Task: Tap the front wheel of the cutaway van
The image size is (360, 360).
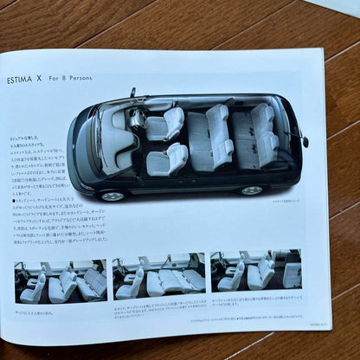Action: [112, 196]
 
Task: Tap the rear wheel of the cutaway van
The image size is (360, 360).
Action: [252, 190]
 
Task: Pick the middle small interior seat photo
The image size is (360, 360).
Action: [160, 273]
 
